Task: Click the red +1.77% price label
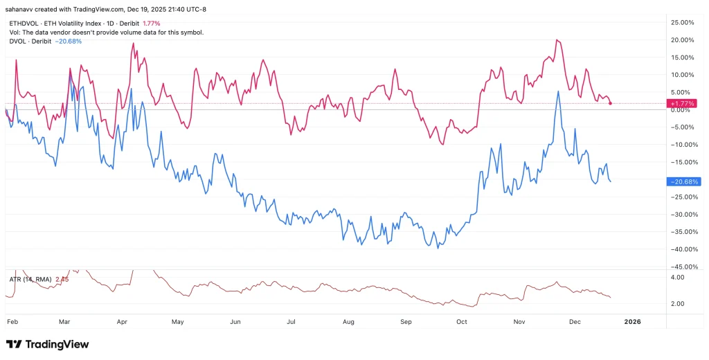click(x=682, y=103)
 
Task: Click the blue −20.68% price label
click(x=682, y=181)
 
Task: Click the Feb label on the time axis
click(x=12, y=322)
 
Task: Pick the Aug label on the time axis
click(x=348, y=322)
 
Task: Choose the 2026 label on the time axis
click(x=631, y=322)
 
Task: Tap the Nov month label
click(x=520, y=322)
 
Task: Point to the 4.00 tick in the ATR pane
click(x=678, y=277)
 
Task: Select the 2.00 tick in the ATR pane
click(x=678, y=304)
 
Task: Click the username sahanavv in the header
click(x=21, y=9)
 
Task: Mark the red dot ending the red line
click(x=610, y=103)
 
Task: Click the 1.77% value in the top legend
click(x=151, y=24)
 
